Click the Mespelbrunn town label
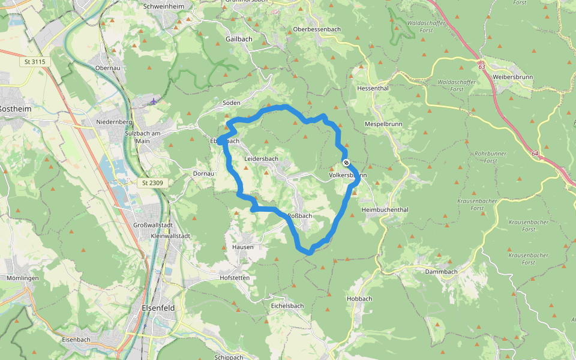tap(382, 124)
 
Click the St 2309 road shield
tap(153, 182)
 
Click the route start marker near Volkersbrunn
tap(346, 163)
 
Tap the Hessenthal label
tap(373, 88)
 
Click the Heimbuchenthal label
tap(385, 210)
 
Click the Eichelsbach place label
tap(287, 305)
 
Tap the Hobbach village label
tap(359, 299)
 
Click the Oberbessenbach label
tap(316, 29)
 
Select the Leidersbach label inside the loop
tap(262, 159)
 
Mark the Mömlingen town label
tap(23, 278)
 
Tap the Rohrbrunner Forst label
tap(490, 157)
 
